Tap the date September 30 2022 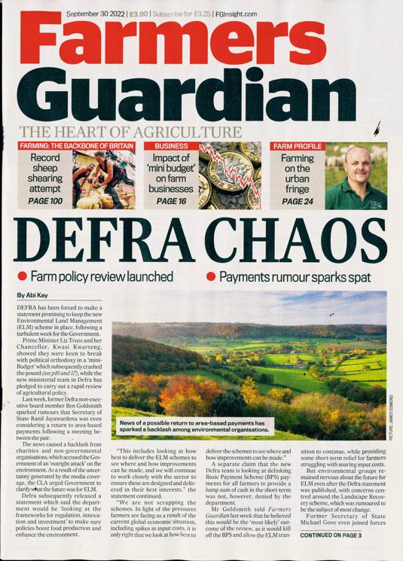point(95,13)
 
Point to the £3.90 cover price point(139,13)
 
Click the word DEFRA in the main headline point(107,240)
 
